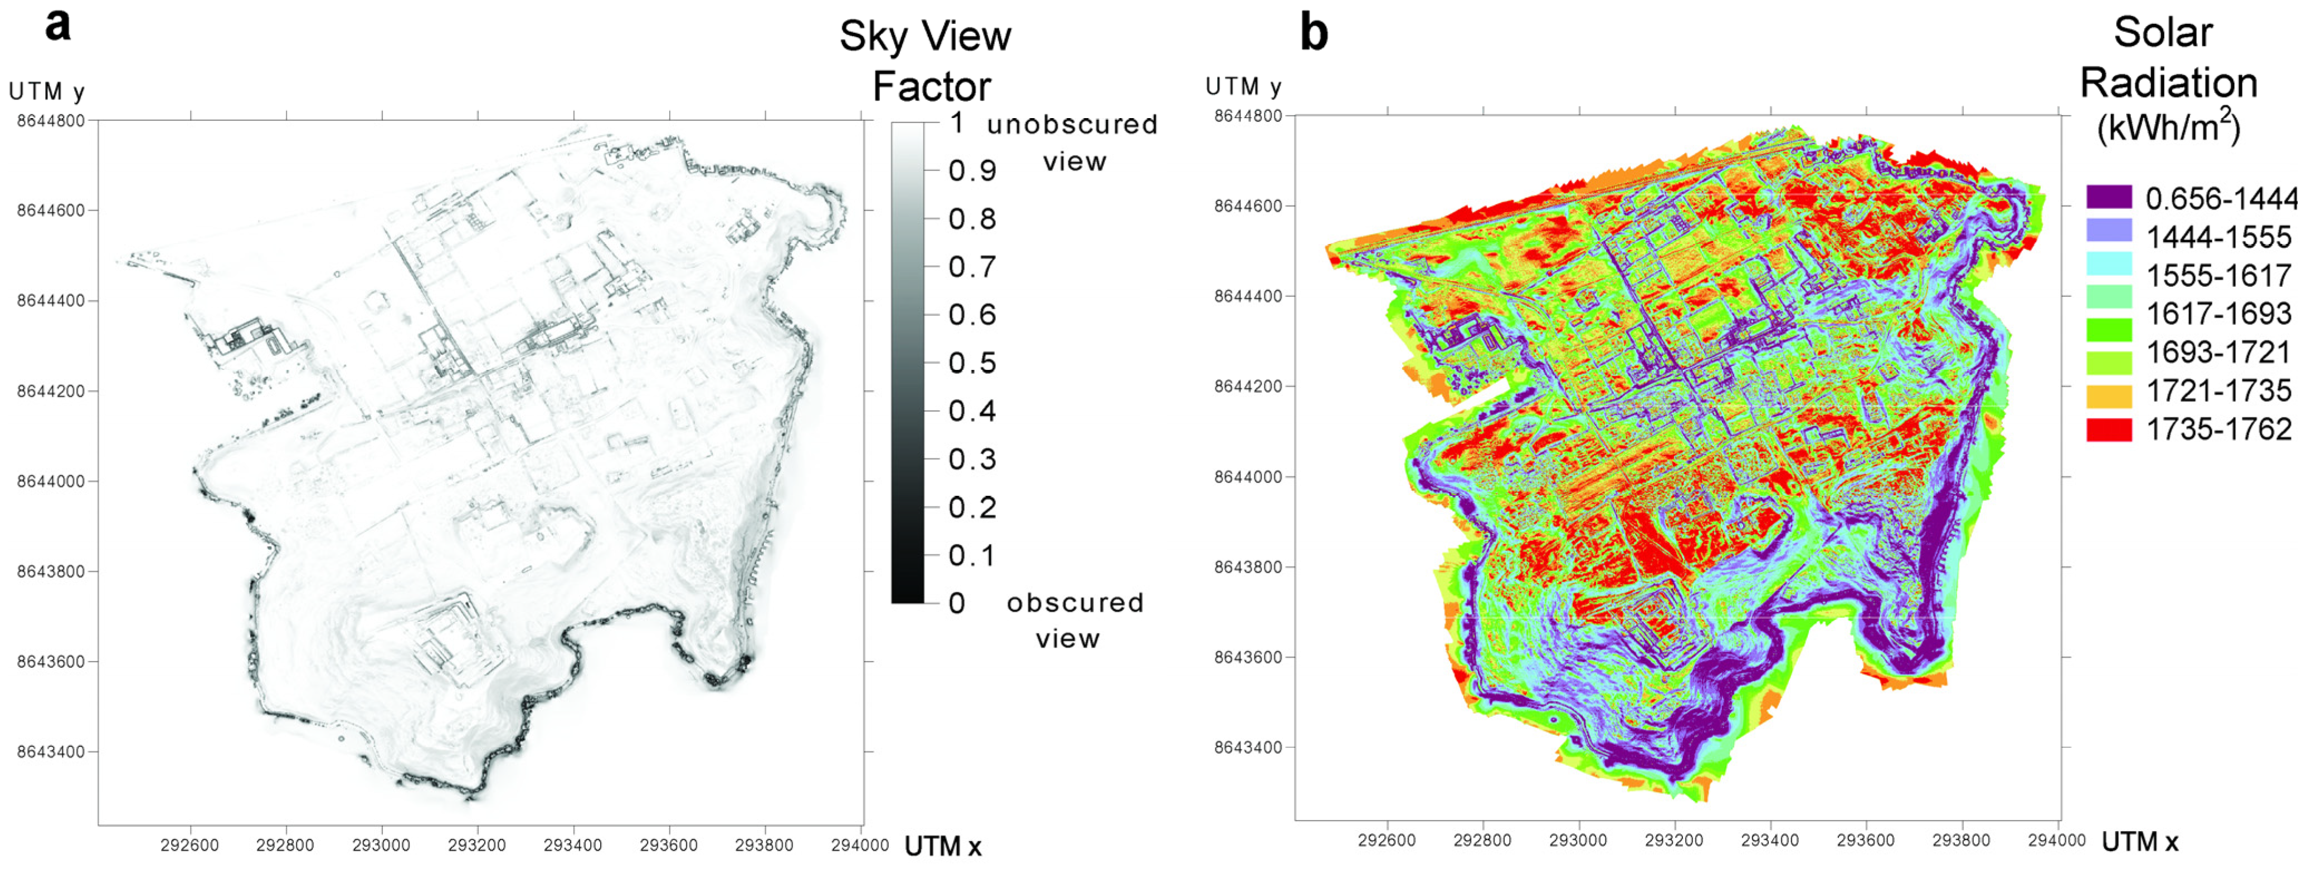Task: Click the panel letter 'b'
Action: point(1313,32)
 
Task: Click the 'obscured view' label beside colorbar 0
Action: point(1074,619)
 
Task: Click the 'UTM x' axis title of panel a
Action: point(943,846)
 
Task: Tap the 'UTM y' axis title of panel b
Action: point(1243,87)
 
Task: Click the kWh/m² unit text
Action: point(2168,126)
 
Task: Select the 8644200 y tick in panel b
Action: point(1247,387)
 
